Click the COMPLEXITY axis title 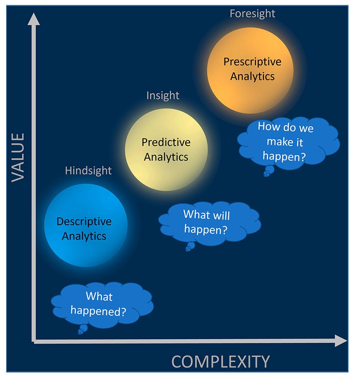point(220,362)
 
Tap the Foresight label point(252,13)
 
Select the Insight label point(163,95)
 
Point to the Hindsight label point(88,170)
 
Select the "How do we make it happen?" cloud point(288,141)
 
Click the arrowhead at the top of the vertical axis point(34,18)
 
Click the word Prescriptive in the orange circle point(252,62)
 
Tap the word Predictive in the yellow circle point(166,142)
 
